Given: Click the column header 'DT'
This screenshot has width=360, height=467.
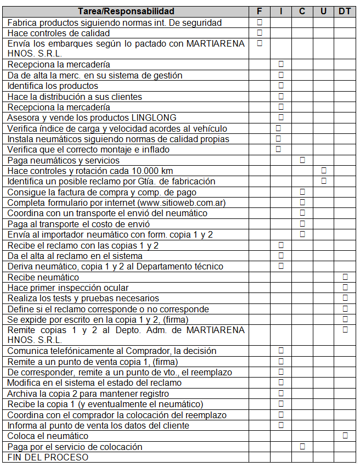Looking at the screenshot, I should tap(345, 11).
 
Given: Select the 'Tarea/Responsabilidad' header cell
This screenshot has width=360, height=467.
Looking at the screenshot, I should tap(126, 11).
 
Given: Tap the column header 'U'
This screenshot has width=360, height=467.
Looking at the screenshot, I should tap(324, 11).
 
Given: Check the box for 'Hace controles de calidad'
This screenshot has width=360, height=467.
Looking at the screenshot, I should tap(260, 32).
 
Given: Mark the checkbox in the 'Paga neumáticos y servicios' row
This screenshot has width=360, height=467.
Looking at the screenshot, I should tap(302, 160).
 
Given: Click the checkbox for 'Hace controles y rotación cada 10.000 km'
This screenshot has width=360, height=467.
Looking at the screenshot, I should tap(324, 170).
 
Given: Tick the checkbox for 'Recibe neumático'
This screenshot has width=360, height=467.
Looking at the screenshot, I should tap(345, 277).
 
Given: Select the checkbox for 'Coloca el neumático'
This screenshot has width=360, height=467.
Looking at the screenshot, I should tap(345, 435).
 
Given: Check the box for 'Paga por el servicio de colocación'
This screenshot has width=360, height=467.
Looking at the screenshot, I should tap(302, 446).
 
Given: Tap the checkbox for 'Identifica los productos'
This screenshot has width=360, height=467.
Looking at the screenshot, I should tap(281, 86).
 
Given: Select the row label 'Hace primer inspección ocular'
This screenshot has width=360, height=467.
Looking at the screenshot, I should tap(68, 288).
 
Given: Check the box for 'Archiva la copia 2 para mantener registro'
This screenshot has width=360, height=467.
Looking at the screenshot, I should tap(281, 393).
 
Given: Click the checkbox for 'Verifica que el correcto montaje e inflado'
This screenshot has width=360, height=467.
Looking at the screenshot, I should tap(278, 149).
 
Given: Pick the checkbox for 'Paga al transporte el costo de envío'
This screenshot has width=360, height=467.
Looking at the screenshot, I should tap(302, 223).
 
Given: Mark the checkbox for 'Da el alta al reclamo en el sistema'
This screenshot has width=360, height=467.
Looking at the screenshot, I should tap(281, 255).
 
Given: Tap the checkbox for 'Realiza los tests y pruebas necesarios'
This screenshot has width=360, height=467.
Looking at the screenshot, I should tap(345, 298).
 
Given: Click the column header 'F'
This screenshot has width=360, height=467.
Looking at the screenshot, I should tap(260, 11).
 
